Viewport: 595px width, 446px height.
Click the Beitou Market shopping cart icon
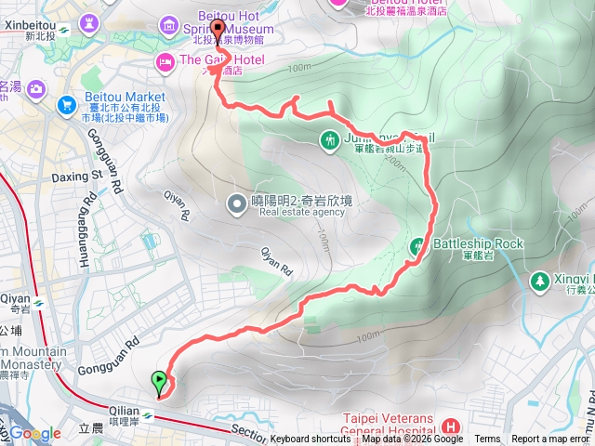pyautogui.click(x=66, y=104)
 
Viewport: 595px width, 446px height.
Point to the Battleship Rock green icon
pyautogui.click(x=416, y=246)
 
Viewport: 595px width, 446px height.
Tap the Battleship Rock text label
pyautogui.click(x=478, y=244)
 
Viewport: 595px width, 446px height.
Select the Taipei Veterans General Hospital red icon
pyautogui.click(x=451, y=426)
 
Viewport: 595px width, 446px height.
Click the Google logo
pyautogui.click(x=35, y=433)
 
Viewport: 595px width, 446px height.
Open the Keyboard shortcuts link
pyautogui.click(x=311, y=439)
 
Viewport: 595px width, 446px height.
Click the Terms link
pyautogui.click(x=486, y=439)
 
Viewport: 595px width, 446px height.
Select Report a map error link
pyautogui.click(x=551, y=439)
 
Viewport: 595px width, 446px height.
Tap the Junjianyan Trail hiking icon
pyautogui.click(x=328, y=140)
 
